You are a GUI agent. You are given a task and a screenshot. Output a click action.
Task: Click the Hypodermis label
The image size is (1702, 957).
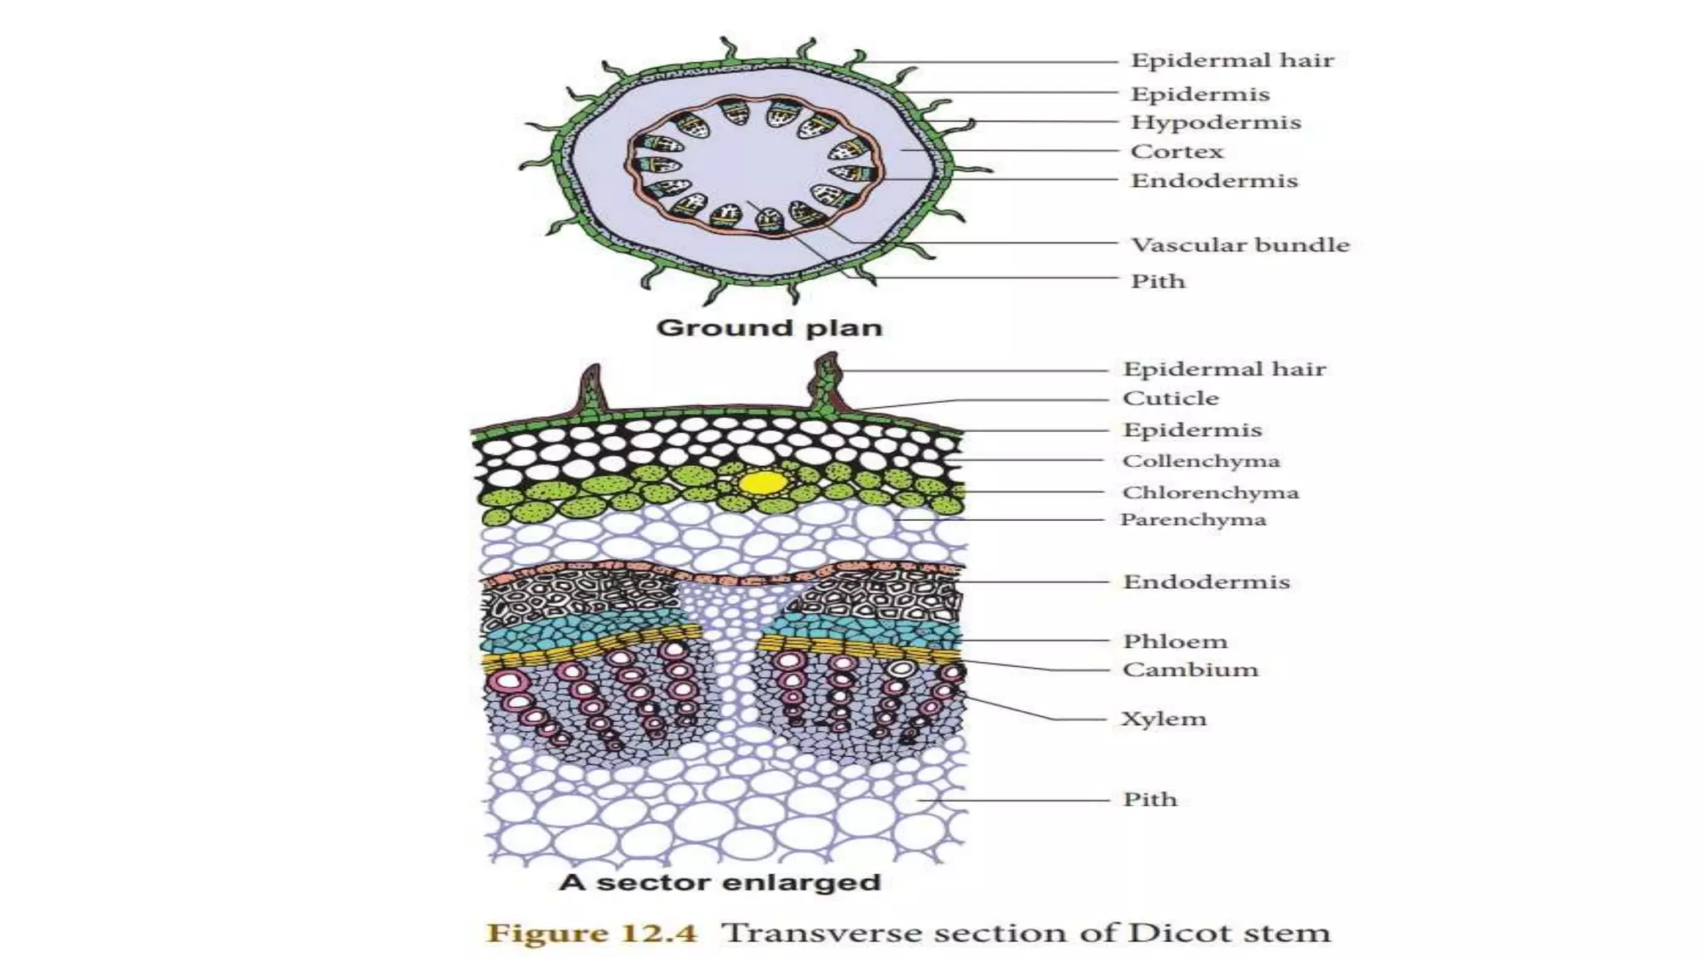(x=1215, y=123)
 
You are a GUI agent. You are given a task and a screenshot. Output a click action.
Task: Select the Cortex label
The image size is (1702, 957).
(x=1177, y=152)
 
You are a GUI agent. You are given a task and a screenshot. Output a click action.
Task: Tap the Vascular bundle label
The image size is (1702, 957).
(x=1240, y=245)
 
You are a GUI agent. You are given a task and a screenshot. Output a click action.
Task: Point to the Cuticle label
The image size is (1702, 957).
(x=1170, y=399)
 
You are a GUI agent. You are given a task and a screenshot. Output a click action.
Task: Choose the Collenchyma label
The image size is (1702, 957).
(x=1201, y=461)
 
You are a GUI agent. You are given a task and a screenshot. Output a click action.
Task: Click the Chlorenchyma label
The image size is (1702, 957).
(x=1210, y=493)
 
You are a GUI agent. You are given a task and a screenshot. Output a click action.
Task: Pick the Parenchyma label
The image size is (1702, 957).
(x=1193, y=520)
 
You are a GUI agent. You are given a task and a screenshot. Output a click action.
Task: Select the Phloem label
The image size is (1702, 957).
(x=1175, y=641)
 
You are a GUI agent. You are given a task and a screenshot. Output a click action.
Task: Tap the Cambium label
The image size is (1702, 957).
(x=1190, y=670)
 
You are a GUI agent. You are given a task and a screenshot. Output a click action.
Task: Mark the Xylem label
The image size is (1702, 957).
(x=1163, y=719)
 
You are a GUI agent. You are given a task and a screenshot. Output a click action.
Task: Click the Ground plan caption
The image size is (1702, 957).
(x=769, y=328)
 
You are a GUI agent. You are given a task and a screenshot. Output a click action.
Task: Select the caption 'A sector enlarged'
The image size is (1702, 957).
(x=720, y=882)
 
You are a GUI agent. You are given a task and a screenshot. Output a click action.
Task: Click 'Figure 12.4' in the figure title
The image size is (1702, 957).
(x=592, y=933)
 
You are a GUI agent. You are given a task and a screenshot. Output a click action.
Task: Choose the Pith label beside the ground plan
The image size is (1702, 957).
(x=1158, y=282)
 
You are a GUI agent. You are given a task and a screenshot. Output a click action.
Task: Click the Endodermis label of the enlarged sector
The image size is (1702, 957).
(x=1206, y=582)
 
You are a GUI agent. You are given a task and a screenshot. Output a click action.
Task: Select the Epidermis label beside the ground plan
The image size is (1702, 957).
(x=1200, y=95)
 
